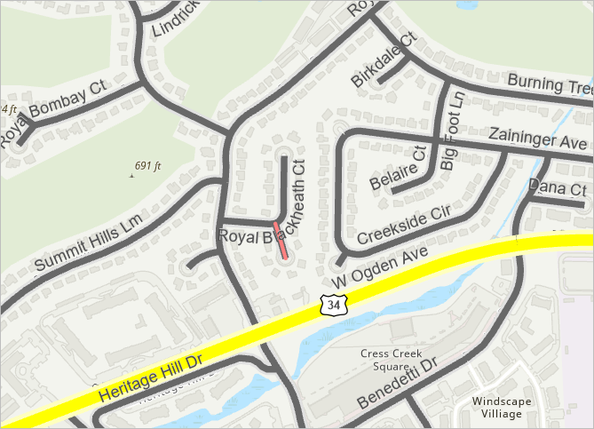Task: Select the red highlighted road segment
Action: click(281, 241)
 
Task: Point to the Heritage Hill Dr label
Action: click(152, 377)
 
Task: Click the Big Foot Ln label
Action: click(451, 131)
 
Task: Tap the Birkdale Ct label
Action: click(384, 60)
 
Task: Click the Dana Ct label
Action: click(558, 188)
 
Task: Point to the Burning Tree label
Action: click(549, 84)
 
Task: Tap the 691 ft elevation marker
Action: click(147, 166)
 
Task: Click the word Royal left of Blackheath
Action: click(237, 236)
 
